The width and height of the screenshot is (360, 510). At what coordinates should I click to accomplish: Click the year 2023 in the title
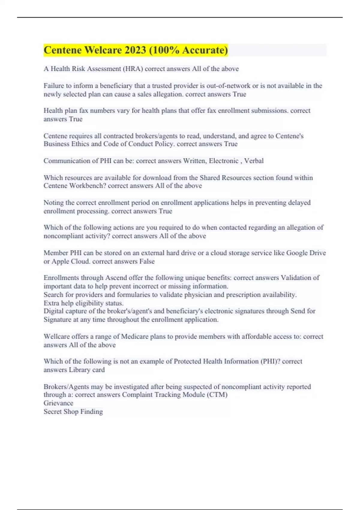click(135, 50)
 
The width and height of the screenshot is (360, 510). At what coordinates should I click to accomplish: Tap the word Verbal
click(254, 161)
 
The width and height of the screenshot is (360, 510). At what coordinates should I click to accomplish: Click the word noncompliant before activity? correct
click(63, 236)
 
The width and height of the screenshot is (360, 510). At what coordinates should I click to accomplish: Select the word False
click(147, 261)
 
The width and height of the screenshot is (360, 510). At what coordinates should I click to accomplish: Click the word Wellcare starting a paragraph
click(56, 337)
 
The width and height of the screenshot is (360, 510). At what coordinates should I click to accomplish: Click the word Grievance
click(58, 403)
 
